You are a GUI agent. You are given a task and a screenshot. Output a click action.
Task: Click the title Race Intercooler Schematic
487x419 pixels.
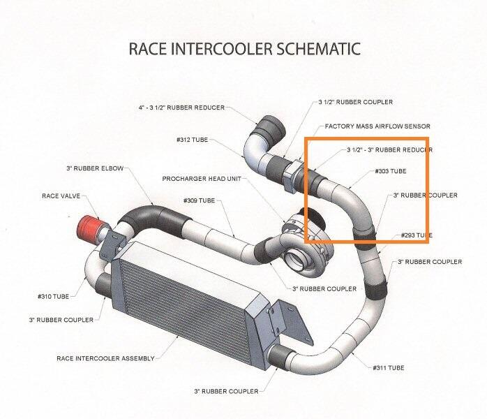pos(244,48)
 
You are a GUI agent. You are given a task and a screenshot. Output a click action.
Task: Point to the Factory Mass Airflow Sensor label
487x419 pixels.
pos(377,126)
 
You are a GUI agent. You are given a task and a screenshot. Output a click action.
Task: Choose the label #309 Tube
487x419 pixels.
pos(200,201)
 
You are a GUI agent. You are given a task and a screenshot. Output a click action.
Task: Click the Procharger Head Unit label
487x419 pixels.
pos(202,178)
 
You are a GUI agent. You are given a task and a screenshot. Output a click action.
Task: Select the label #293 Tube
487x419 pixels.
pos(417,235)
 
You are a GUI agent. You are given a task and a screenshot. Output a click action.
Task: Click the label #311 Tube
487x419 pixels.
pos(389,367)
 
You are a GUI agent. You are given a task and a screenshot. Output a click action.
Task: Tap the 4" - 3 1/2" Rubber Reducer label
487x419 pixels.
pos(181,108)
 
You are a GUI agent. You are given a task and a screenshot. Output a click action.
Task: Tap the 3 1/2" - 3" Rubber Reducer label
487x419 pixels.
pos(389,149)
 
